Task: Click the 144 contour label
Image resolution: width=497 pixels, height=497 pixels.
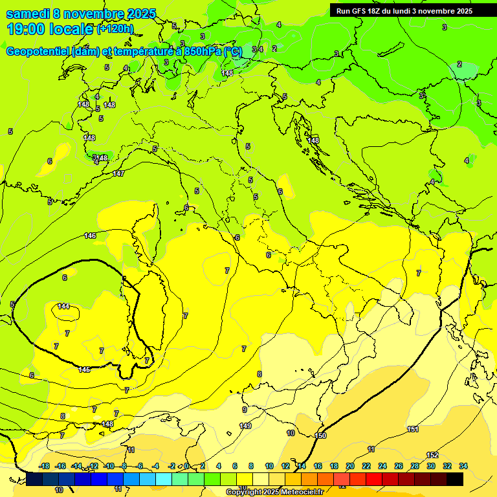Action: point(63,306)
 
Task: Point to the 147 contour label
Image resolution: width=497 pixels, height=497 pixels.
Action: point(118,173)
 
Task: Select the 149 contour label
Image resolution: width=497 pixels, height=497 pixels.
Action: point(245,426)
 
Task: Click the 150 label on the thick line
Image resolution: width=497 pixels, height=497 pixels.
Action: point(320,436)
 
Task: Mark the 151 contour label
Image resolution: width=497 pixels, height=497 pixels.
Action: point(413,429)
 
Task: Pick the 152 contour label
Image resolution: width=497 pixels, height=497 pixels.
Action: point(433,455)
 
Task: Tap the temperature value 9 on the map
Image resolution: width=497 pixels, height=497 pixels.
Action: point(245,410)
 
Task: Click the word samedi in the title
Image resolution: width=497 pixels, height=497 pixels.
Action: point(28,14)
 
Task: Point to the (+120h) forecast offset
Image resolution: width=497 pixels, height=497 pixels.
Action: point(116,29)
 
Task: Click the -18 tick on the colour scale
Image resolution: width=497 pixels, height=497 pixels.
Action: point(44,466)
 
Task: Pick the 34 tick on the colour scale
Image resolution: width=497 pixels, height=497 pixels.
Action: point(463,466)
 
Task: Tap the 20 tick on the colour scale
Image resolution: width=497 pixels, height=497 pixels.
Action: point(350,466)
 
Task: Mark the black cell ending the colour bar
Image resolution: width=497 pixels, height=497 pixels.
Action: point(455,479)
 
